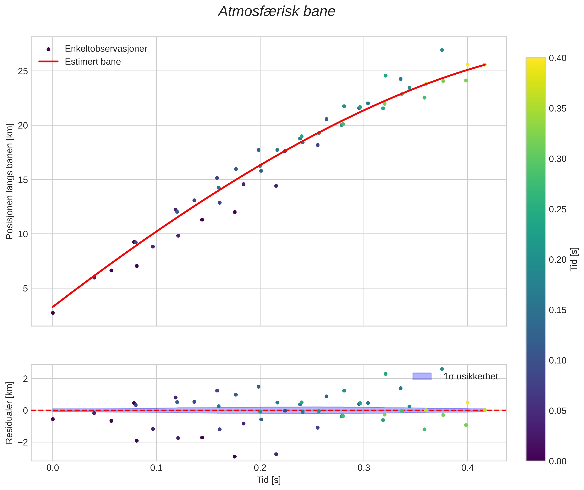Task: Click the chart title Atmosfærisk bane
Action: [277, 12]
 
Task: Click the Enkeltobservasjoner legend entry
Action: [106, 49]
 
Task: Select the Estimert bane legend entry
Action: [93, 62]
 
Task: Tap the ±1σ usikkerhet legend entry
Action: [468, 376]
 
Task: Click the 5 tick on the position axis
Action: [25, 288]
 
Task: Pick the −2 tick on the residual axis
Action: [23, 442]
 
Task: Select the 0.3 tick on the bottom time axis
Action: [364, 468]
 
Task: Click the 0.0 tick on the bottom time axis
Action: [53, 468]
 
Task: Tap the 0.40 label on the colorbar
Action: [558, 58]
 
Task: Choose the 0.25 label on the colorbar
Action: [558, 209]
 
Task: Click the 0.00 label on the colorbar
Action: [558, 461]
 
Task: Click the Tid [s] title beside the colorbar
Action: [574, 259]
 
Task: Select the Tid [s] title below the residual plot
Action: [269, 480]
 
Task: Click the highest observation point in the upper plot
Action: [442, 50]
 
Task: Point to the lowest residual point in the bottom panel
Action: [235, 457]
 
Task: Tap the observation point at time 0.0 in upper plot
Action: [53, 313]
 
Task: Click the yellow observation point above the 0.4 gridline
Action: [467, 65]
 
